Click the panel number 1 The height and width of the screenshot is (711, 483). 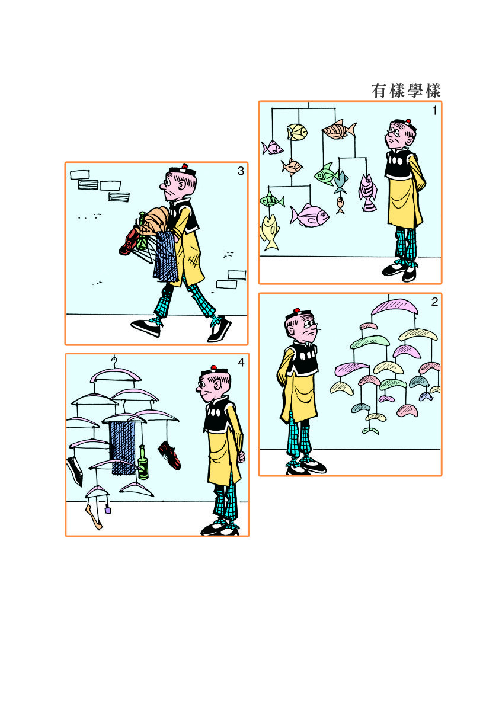point(435,110)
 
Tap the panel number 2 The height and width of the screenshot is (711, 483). point(434,302)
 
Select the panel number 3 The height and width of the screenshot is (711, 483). point(241,171)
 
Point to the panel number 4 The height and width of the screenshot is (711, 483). point(241,363)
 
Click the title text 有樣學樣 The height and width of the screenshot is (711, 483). point(406,91)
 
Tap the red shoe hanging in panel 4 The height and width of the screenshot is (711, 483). point(169,455)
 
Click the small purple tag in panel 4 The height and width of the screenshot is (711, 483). point(108,510)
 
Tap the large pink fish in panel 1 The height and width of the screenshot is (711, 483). point(309,215)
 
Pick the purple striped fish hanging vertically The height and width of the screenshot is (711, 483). point(367,193)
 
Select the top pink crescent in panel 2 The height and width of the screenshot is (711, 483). point(395,307)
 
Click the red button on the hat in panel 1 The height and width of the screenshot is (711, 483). point(408,121)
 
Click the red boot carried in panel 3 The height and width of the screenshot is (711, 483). point(129,242)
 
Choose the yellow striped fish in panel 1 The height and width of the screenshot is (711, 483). point(298,132)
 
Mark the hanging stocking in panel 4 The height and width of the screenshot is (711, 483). point(94,513)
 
